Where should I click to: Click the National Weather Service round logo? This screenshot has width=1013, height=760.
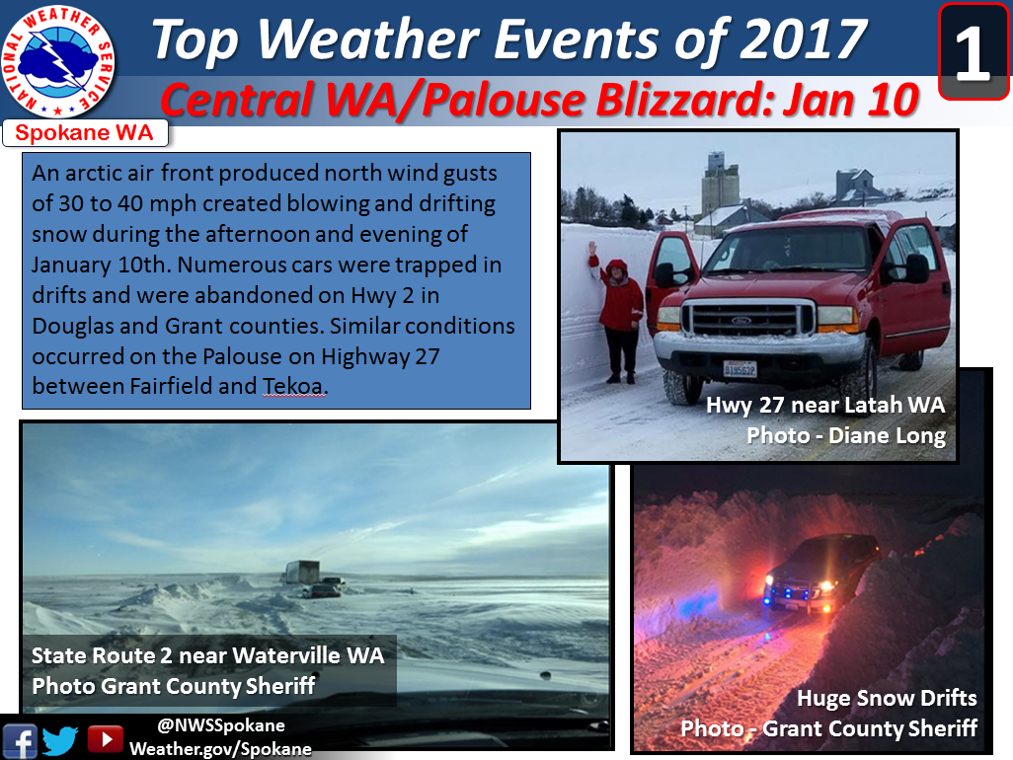(58, 61)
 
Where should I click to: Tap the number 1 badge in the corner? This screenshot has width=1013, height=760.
(974, 52)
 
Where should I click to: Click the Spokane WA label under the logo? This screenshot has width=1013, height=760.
(85, 133)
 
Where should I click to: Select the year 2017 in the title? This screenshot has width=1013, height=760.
(803, 39)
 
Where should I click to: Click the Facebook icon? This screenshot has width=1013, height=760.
(20, 740)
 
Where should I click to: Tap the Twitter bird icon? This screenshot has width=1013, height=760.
(60, 740)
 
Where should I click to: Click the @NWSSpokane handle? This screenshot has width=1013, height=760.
(221, 725)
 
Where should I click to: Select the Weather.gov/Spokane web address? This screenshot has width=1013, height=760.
(220, 749)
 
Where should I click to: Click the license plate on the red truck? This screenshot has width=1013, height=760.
(740, 369)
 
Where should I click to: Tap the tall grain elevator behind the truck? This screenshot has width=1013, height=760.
(720, 181)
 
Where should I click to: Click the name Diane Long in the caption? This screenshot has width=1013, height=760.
(887, 436)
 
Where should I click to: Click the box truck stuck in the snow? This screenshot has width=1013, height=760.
(301, 572)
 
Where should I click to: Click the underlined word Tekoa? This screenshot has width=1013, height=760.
(292, 386)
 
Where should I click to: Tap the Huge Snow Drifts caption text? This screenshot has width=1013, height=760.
(887, 698)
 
